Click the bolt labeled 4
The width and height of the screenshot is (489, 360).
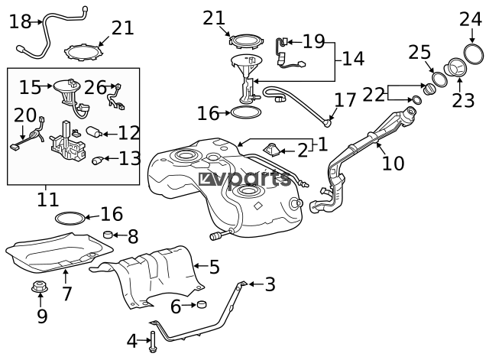point(153,342)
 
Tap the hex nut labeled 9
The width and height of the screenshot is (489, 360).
point(40,287)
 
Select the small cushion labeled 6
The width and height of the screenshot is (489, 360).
point(202,304)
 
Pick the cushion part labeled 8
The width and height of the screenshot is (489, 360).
point(108,235)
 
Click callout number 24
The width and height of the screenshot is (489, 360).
point(471,20)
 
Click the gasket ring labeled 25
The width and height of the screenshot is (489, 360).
point(439,79)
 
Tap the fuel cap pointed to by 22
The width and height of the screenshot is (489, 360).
point(429,89)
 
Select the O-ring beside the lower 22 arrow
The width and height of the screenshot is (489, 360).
point(416,100)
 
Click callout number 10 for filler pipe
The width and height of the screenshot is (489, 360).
point(393,163)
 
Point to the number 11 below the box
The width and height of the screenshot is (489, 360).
point(47,199)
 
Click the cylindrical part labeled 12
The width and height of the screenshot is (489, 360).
point(94,132)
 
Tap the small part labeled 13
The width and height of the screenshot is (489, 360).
point(98,160)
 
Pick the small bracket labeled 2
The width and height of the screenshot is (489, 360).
point(272,150)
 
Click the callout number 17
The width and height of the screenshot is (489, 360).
point(345,100)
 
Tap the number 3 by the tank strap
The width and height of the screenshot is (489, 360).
point(270,284)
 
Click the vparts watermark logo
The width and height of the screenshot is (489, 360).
point(244,180)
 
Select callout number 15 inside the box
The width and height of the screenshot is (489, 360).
point(31,87)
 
